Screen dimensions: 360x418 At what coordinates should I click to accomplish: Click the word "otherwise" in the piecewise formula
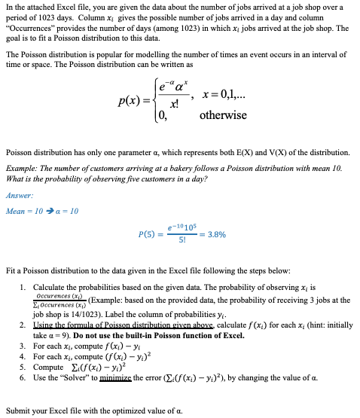[223, 115]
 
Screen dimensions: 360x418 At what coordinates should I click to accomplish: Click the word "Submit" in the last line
[18, 411]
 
